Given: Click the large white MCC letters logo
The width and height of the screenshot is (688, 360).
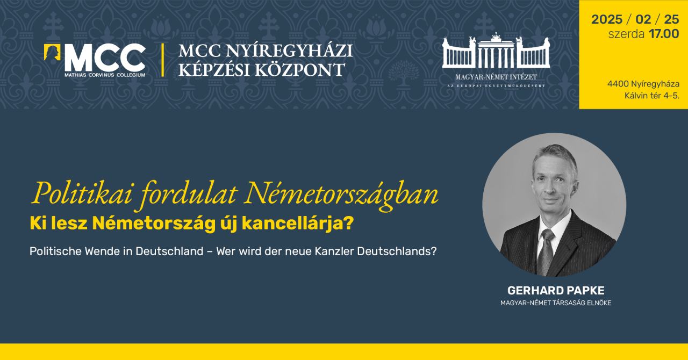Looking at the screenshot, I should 105,57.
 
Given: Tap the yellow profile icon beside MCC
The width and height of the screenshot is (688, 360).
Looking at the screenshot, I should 52,52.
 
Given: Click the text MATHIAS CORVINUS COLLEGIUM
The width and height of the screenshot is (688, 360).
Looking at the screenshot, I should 105,75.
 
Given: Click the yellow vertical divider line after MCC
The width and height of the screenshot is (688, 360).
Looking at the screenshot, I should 162,60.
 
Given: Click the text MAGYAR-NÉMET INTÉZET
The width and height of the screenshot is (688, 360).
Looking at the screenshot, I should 496,77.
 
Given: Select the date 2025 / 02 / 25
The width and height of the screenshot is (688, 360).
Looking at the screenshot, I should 635,19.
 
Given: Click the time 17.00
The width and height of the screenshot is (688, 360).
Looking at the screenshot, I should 664,34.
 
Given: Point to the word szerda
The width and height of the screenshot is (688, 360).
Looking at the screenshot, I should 626,34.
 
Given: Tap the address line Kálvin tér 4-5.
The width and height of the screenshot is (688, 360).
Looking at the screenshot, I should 651,96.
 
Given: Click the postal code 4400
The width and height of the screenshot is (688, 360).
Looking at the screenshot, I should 618,84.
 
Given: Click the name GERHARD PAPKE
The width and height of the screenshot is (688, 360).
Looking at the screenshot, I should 556,291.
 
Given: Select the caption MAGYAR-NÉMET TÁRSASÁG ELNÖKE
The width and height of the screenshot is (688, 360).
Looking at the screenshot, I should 556,303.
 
